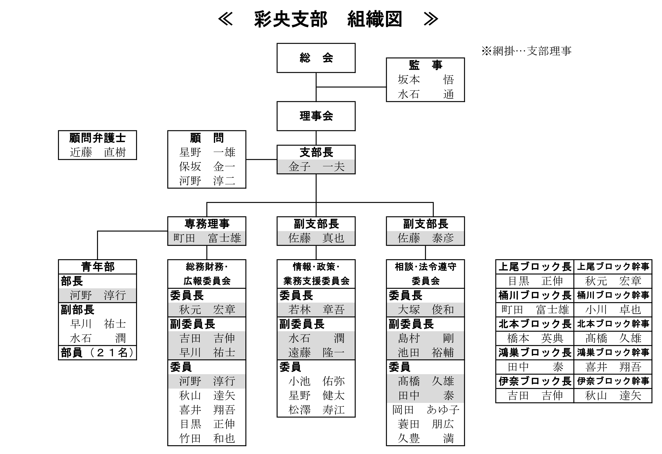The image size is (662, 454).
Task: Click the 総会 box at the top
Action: coord(316,58)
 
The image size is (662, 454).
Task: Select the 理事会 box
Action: coord(316,116)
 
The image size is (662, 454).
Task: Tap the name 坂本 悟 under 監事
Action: coord(425,80)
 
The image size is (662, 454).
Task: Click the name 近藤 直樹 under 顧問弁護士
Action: coord(97,152)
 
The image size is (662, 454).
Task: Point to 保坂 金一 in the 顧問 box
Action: coord(207,166)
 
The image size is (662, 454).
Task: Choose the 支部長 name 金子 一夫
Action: coord(316,167)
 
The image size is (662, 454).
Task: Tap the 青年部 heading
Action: coord(97,267)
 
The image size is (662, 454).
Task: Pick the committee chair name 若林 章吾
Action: coord(316,310)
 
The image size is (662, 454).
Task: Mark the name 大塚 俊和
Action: coord(425,310)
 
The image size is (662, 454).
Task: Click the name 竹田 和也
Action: coord(207,439)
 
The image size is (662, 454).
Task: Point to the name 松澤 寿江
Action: coord(316,410)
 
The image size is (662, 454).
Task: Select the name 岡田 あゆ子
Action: coord(425,410)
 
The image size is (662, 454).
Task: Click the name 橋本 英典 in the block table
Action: coord(535,338)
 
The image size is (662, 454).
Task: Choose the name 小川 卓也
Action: coord(613,310)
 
